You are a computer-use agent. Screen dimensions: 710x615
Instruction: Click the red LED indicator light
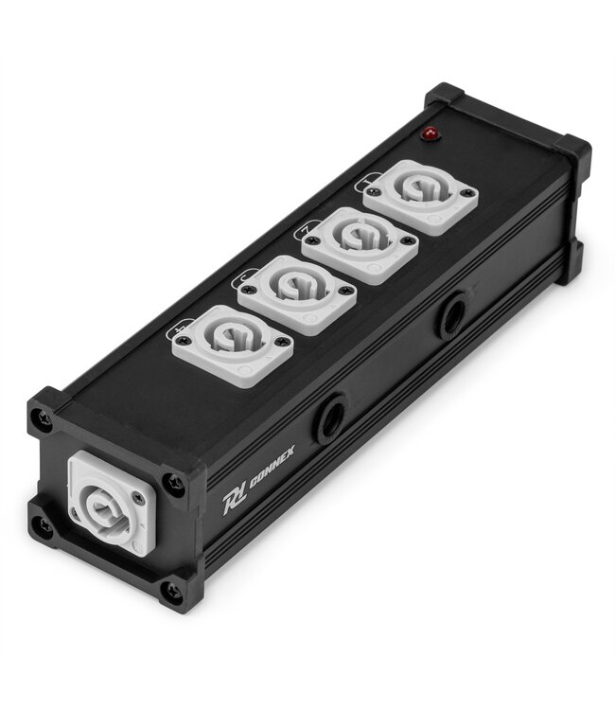click(x=431, y=135)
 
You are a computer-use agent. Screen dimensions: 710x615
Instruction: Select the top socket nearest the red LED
click(x=420, y=196)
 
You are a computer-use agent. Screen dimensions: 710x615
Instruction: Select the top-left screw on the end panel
click(x=44, y=416)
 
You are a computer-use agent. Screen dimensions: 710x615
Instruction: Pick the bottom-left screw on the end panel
click(x=42, y=524)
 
